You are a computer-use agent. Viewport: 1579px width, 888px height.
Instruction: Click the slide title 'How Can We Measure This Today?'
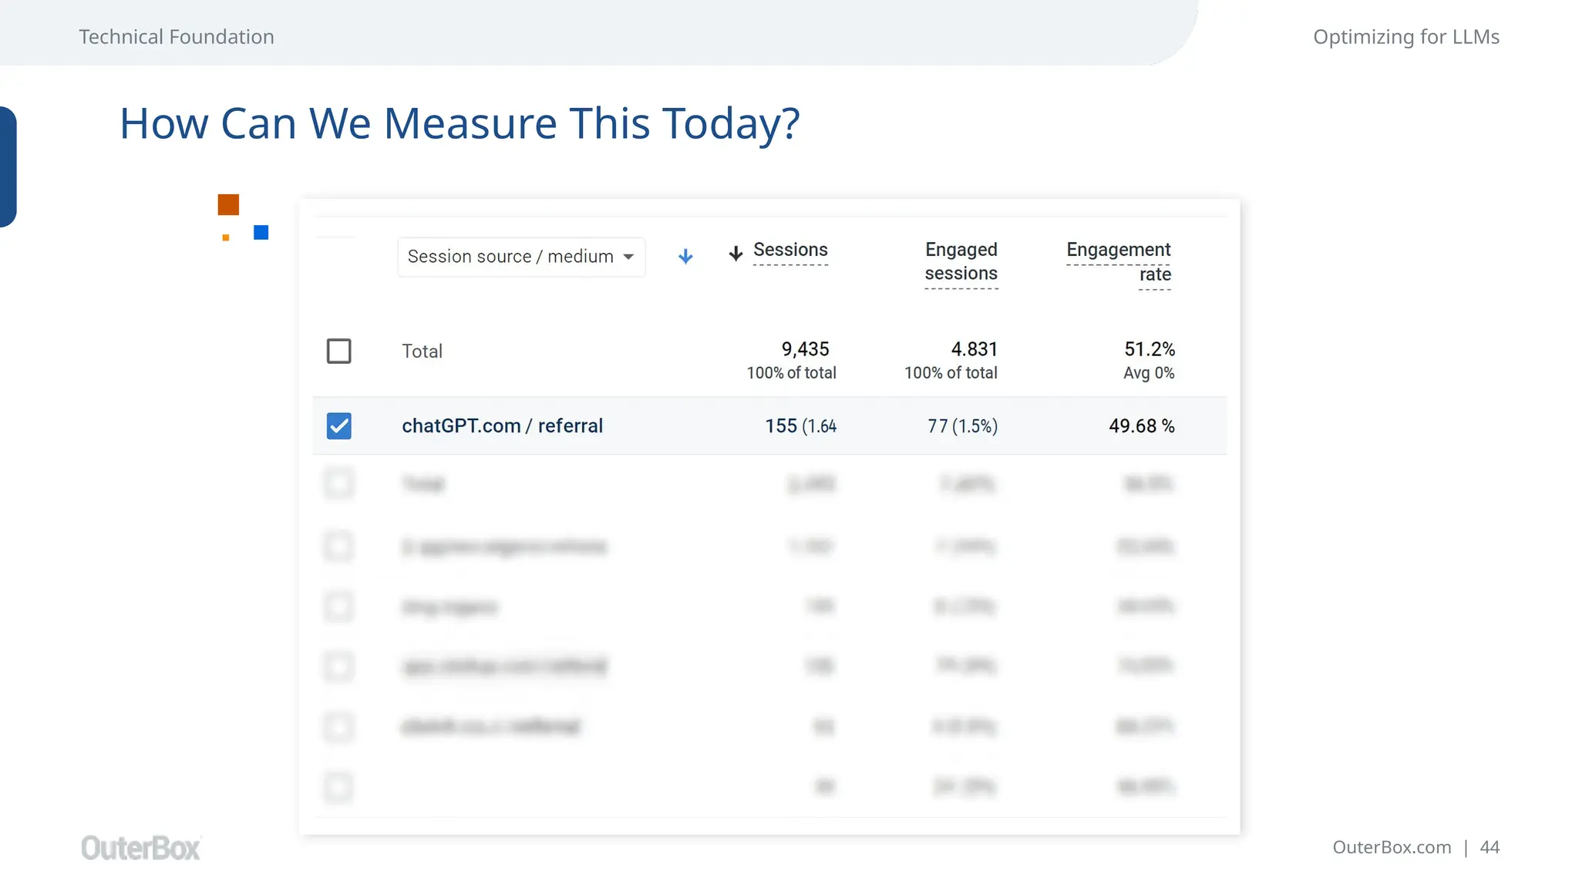coord(460,123)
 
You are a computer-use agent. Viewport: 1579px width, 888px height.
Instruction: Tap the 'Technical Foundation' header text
coord(177,37)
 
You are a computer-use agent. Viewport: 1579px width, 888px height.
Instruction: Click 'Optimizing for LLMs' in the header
coord(1406,37)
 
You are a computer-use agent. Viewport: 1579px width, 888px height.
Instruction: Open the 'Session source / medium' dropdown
coord(520,257)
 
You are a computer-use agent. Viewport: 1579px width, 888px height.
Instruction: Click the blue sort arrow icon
coord(685,257)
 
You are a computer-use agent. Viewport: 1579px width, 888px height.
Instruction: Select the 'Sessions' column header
coord(789,251)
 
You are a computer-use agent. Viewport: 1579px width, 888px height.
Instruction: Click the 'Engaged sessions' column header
coord(961,262)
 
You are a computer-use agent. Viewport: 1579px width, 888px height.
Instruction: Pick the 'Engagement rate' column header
coord(1118,262)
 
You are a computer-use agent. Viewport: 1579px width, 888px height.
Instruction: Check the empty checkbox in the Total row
coord(339,351)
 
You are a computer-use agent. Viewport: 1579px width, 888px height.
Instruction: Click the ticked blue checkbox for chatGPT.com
coord(339,426)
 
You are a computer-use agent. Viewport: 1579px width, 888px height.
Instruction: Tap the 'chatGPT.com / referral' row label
coord(502,426)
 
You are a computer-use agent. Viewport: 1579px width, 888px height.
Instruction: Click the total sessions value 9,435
coord(805,349)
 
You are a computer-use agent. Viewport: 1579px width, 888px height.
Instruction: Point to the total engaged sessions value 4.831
coord(974,349)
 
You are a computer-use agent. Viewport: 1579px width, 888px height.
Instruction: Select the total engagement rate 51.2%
coord(1149,349)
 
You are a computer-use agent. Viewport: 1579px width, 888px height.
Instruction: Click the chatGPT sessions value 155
coord(781,426)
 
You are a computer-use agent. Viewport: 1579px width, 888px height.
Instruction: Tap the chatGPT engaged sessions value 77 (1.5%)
coord(962,426)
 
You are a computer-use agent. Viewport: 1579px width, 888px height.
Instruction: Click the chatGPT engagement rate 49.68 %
coord(1141,426)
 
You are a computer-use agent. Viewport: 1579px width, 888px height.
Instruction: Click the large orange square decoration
coord(228,205)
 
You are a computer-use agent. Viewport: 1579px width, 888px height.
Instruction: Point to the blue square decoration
coord(261,233)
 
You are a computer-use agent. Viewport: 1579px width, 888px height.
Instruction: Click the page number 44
coord(1490,847)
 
